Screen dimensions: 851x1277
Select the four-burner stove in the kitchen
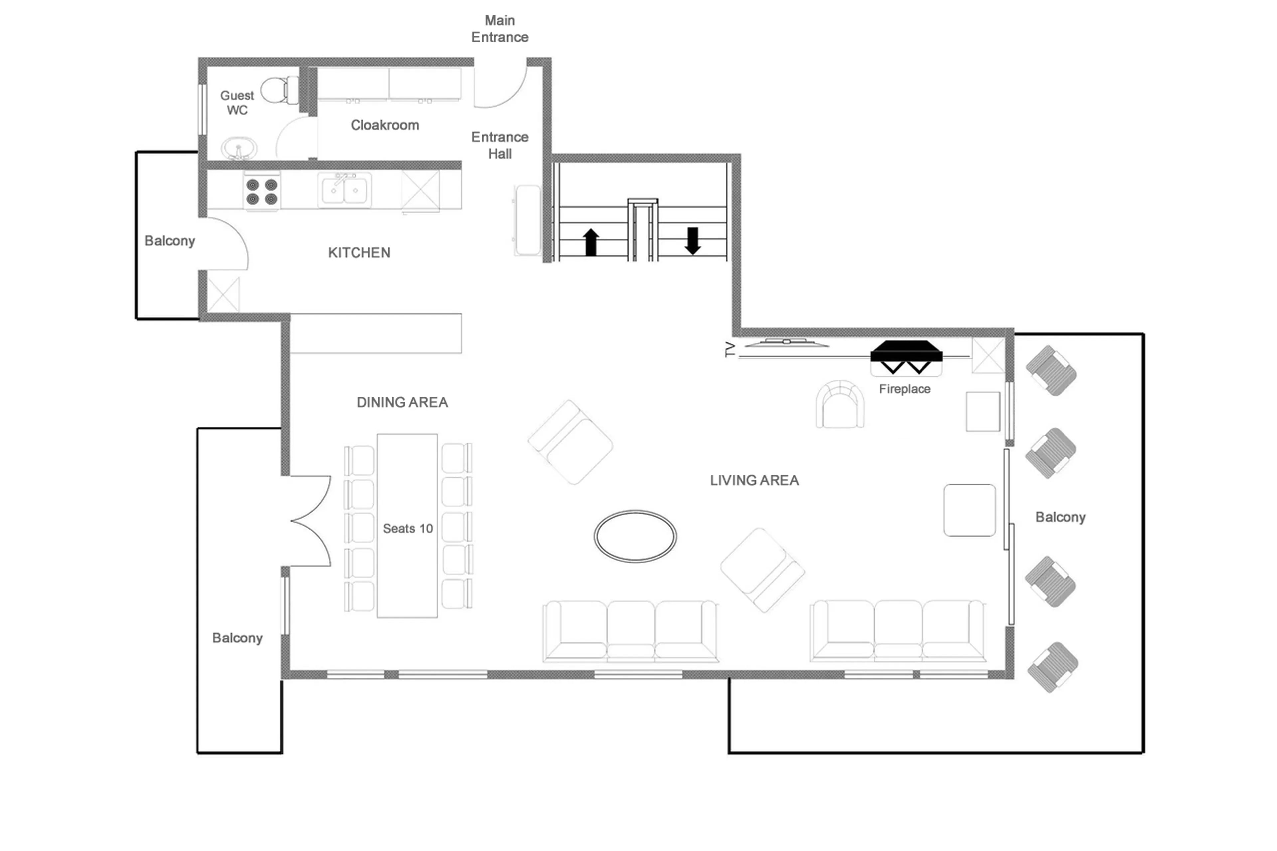pyautogui.click(x=262, y=192)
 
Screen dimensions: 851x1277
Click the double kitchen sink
pyautogui.click(x=344, y=190)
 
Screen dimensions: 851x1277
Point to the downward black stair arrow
pyautogui.click(x=692, y=240)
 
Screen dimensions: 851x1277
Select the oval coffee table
pyautogui.click(x=635, y=536)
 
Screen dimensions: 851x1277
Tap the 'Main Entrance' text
pyautogui.click(x=499, y=29)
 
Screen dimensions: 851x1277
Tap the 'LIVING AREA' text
pyautogui.click(x=754, y=480)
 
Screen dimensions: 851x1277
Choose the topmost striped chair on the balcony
pyautogui.click(x=1051, y=371)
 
